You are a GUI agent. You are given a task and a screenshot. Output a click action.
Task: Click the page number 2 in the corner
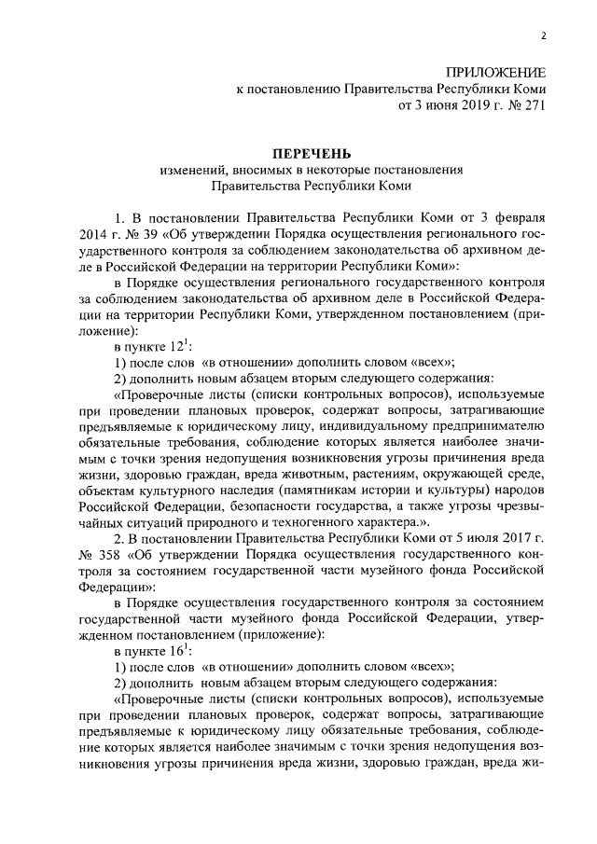542,35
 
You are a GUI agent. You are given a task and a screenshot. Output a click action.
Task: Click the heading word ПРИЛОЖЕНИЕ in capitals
495,72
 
